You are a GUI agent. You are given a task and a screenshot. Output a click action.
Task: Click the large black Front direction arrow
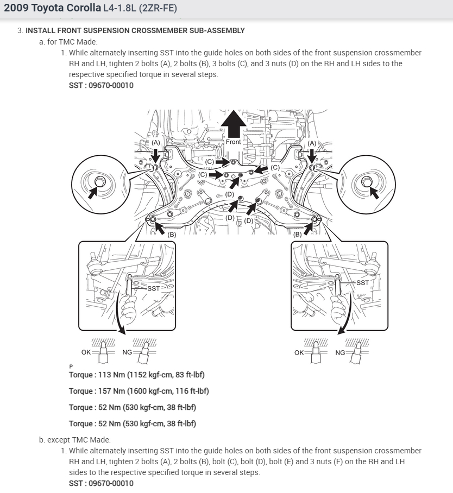click(233, 123)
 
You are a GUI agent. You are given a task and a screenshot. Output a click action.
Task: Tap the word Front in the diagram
click(233, 142)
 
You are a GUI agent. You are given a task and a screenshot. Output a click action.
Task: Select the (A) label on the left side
click(156, 142)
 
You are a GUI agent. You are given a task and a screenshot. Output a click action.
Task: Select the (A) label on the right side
click(312, 143)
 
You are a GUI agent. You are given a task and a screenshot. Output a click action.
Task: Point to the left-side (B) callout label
click(172, 235)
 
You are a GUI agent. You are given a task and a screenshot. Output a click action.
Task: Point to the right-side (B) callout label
click(297, 235)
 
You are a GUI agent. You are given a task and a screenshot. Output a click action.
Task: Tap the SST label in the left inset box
click(154, 288)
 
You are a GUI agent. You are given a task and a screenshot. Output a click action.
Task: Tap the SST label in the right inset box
click(362, 282)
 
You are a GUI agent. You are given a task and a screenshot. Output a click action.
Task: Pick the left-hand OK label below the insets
click(86, 352)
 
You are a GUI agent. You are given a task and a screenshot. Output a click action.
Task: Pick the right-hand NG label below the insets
click(340, 352)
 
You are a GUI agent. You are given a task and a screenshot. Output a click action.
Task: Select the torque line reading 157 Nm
click(139, 391)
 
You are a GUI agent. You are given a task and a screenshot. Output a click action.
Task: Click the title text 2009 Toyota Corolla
click(52, 8)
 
